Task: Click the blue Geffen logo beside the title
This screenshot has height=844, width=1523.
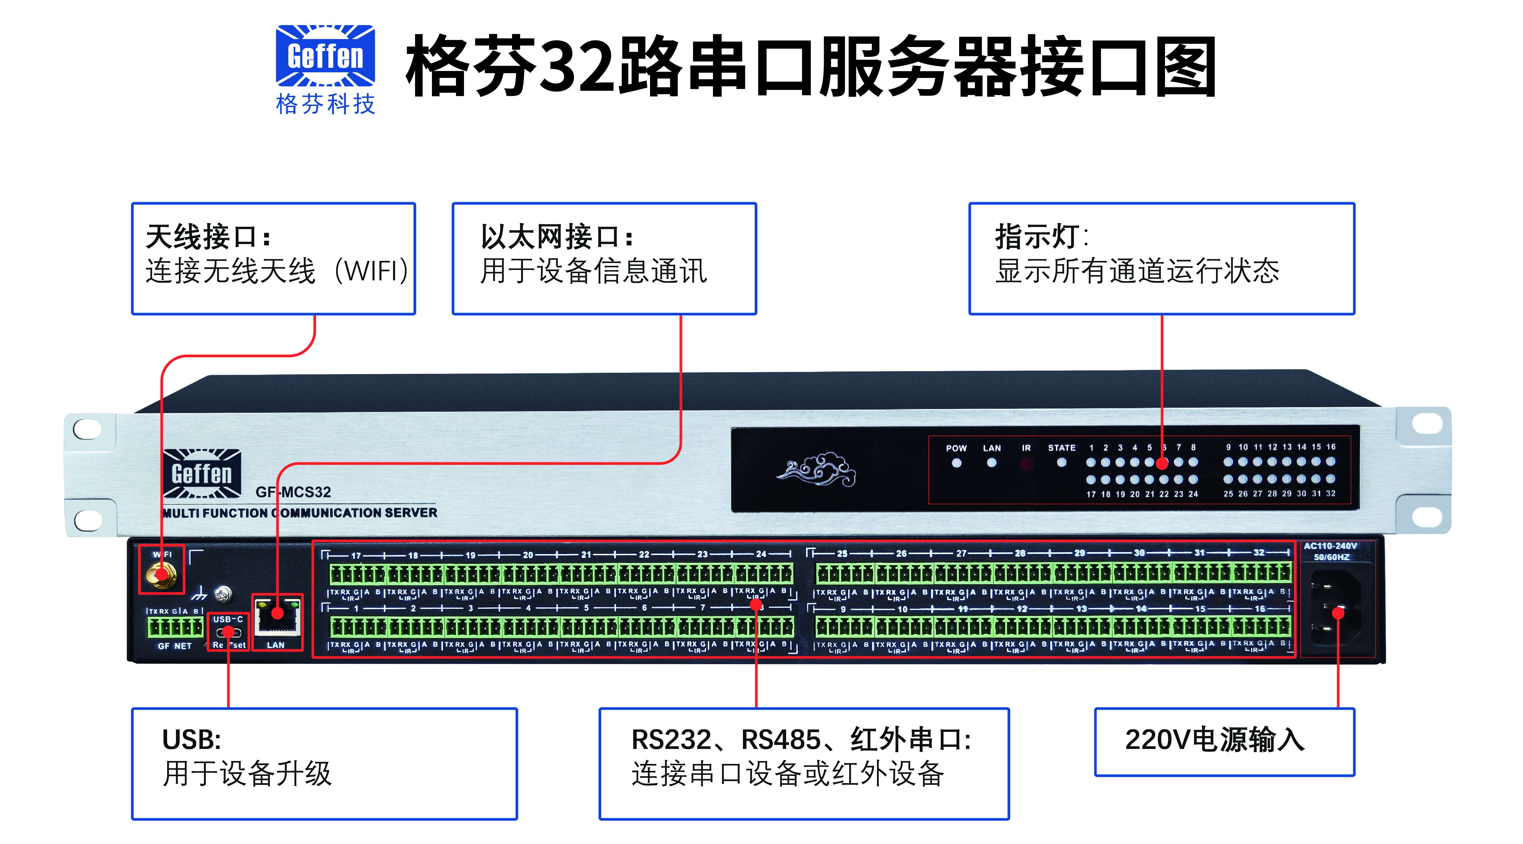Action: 325,56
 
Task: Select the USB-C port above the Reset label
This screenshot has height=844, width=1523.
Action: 228,632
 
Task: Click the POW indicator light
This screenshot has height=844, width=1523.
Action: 956,463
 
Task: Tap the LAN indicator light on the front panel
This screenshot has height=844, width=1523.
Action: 991,463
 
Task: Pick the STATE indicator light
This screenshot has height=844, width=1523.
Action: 1061,463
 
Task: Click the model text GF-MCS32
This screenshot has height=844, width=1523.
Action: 293,492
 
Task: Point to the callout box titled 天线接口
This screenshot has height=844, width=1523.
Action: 273,258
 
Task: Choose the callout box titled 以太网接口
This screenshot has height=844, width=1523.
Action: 604,258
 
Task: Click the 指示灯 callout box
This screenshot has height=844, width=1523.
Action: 1161,258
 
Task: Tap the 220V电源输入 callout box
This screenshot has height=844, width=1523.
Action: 1224,742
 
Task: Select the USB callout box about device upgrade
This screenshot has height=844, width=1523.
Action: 324,763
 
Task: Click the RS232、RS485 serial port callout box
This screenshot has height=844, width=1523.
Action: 804,763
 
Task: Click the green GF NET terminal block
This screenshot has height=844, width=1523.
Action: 175,627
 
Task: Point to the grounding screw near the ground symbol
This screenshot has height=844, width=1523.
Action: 223,593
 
